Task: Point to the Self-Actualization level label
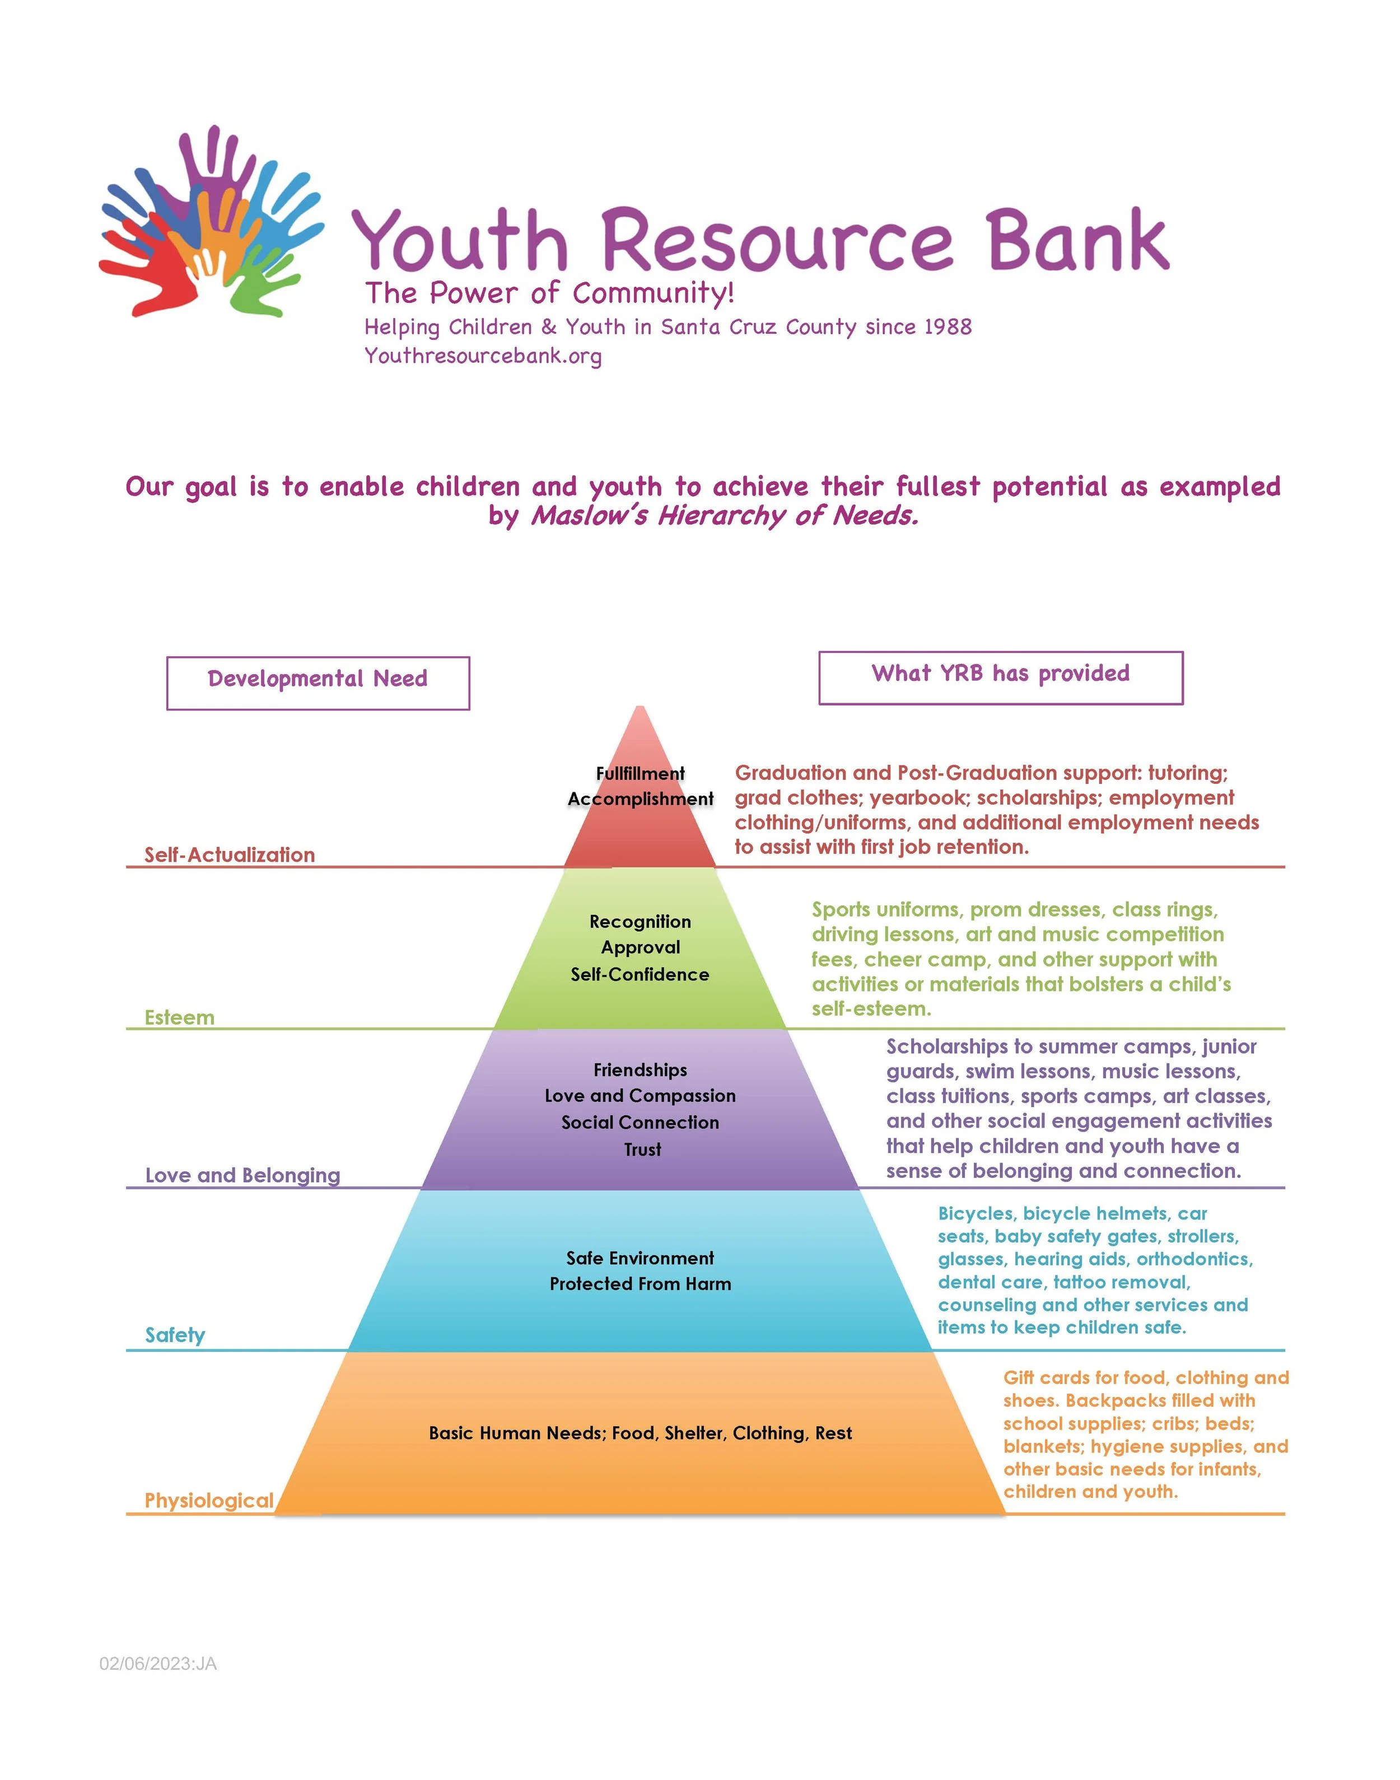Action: coord(230,855)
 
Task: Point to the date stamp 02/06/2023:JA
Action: coord(158,1663)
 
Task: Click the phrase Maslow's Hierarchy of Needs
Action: coord(725,516)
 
